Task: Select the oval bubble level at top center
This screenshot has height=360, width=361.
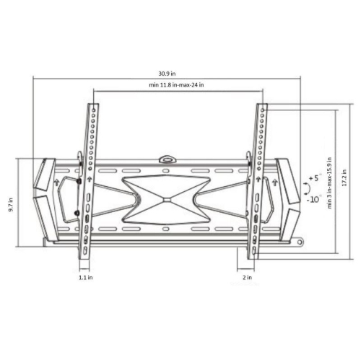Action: coord(169,154)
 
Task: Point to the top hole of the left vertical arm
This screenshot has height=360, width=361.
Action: coord(95,109)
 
